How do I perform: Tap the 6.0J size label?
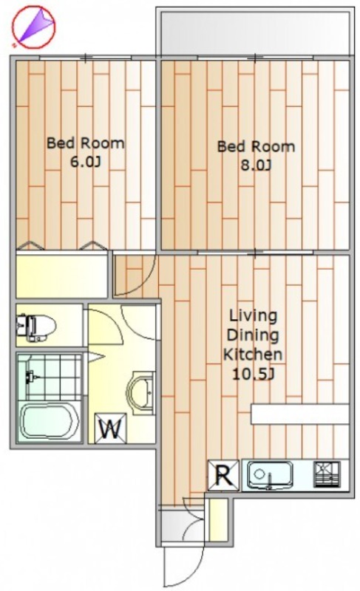coord(86,162)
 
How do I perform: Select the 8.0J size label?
coord(256,165)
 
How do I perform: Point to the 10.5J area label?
coord(253,375)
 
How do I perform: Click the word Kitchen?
coord(253,355)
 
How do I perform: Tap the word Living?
coord(254,316)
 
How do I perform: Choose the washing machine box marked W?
coord(111,428)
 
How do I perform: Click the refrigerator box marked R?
coord(223,476)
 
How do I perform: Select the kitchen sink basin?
coord(270,474)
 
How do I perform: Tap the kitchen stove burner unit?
coord(327,474)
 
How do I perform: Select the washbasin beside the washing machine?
coord(141,393)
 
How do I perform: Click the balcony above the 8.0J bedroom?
coord(255,33)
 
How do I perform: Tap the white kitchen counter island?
coord(300,414)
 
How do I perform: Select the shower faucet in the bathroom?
coord(32,377)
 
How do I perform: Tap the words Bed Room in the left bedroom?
coord(85,143)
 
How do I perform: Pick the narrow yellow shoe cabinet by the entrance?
coord(217,520)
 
